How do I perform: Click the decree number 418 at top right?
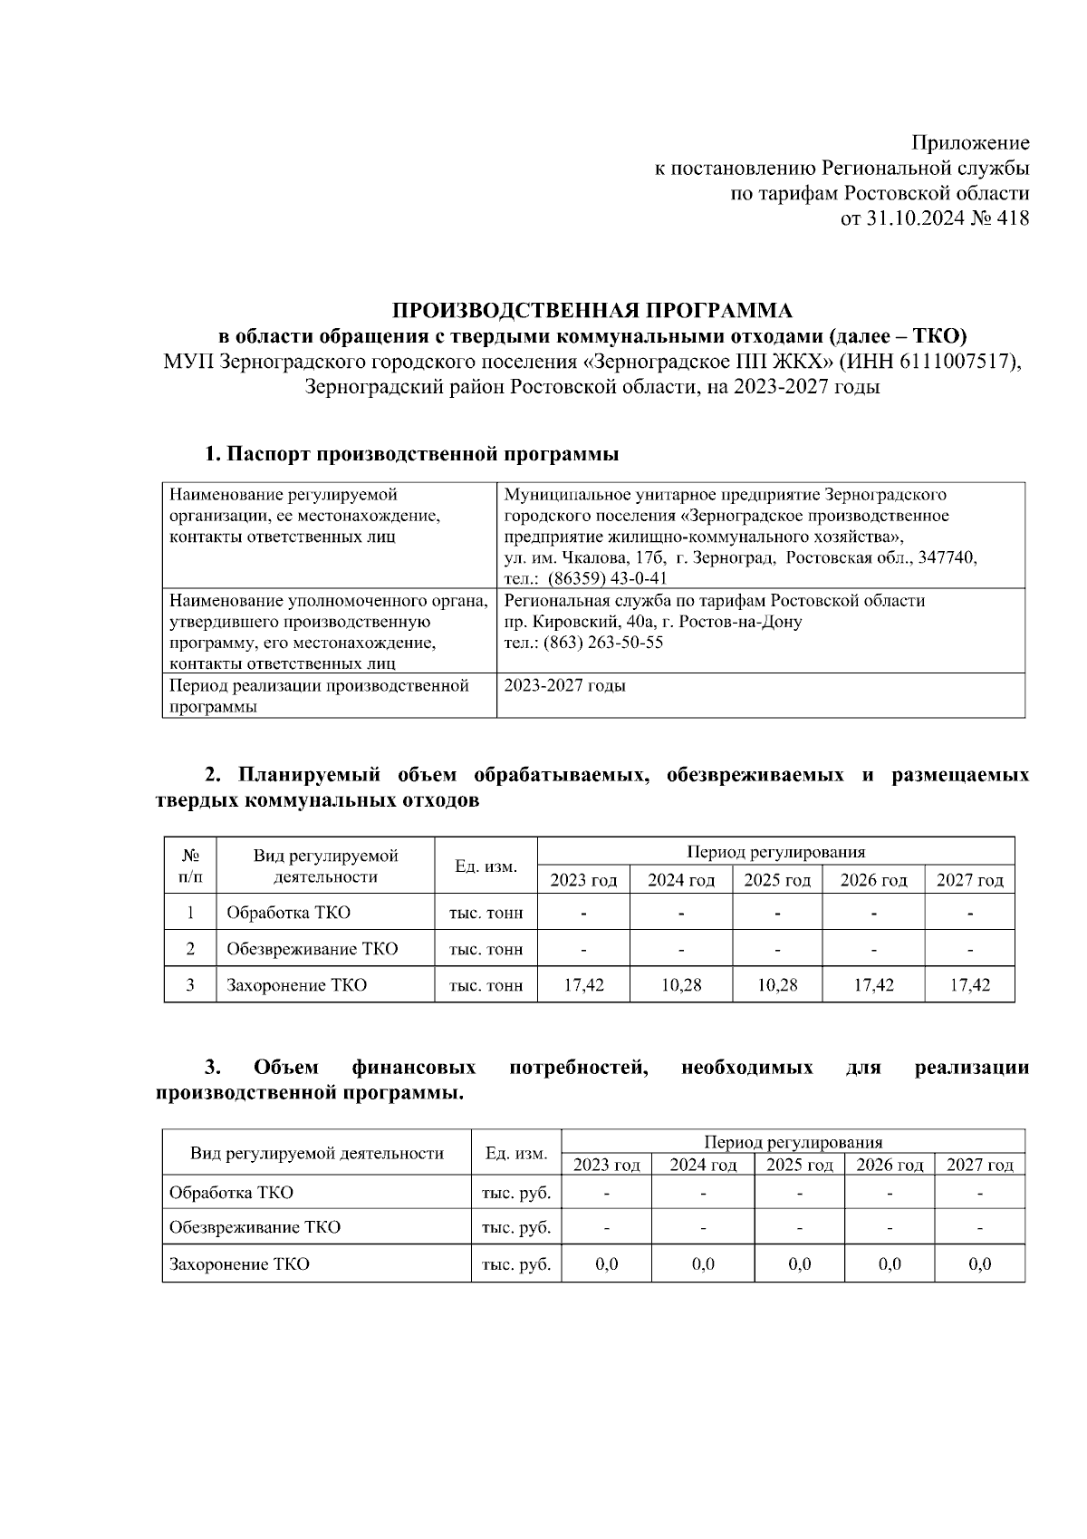point(1012,218)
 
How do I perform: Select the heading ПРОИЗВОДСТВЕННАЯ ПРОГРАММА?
point(592,311)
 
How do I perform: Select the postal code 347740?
point(948,557)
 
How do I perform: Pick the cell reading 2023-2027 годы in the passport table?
point(564,686)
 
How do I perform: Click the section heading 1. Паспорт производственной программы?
point(411,454)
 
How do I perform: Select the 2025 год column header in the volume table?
point(776,880)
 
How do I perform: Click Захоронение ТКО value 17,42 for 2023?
point(583,985)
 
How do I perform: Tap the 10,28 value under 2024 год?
point(680,985)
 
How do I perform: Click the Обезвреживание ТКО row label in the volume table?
point(312,949)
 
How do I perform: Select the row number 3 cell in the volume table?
point(190,985)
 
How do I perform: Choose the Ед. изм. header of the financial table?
point(516,1153)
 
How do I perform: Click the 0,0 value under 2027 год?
point(979,1264)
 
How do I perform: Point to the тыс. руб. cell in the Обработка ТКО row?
point(516,1193)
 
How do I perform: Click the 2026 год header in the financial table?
point(890,1165)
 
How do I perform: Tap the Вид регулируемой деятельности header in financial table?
point(317,1153)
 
